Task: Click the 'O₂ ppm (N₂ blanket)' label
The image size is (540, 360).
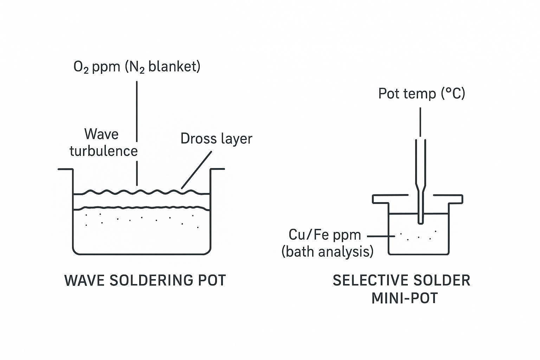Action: coord(137,66)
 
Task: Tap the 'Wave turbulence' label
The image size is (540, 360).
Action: coord(103,143)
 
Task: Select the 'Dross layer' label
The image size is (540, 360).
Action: coord(216,139)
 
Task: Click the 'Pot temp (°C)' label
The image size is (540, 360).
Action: coord(422,94)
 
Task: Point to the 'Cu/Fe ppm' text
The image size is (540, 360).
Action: coord(324,235)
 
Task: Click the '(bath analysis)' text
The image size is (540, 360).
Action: coord(327,252)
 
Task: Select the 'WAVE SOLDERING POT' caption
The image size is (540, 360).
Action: coord(145,280)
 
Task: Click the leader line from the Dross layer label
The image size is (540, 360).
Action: coord(197,170)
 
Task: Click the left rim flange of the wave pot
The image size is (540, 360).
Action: coord(65,169)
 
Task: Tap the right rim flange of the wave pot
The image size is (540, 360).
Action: coord(217,169)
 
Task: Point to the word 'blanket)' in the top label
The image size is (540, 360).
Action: coord(174,66)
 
